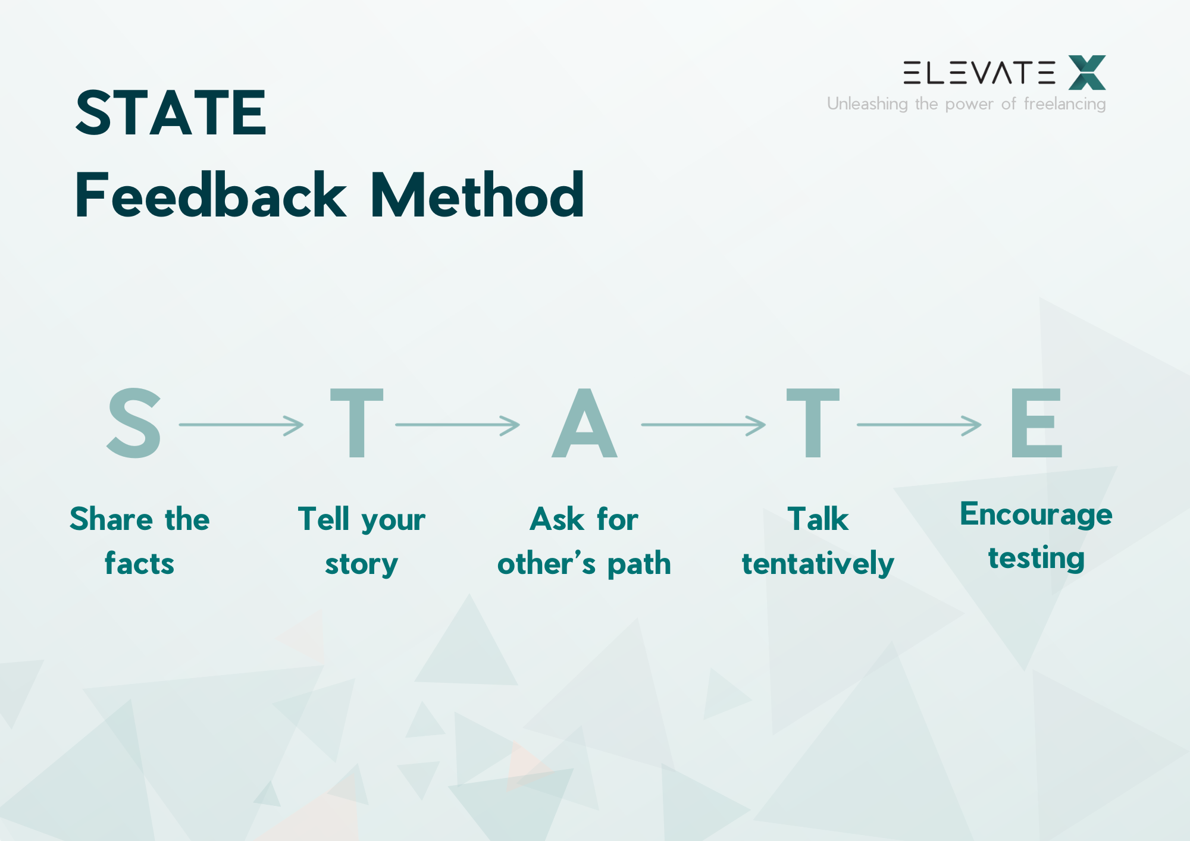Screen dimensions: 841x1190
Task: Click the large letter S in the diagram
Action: (134, 423)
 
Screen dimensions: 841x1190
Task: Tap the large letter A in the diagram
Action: (584, 424)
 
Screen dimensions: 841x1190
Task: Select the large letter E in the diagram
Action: (1036, 423)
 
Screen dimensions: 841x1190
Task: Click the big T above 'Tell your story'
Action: (356, 423)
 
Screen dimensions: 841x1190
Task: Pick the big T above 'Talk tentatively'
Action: (813, 423)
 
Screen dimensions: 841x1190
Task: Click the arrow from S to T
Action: (241, 425)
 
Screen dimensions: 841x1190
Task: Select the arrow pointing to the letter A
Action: (457, 425)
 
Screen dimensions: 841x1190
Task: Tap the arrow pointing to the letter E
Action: (919, 425)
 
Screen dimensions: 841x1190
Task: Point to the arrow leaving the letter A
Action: (703, 425)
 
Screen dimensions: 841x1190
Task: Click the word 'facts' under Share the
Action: (139, 563)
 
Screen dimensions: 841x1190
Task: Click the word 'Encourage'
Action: (1036, 514)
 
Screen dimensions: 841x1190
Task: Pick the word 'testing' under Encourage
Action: (1036, 558)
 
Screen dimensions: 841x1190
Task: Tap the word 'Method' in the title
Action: (477, 195)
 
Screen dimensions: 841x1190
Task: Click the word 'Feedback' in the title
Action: (210, 195)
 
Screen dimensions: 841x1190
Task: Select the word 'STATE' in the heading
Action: (171, 112)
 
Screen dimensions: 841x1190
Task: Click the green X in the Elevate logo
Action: (1087, 73)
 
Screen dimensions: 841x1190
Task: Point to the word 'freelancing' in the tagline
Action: (1064, 104)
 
